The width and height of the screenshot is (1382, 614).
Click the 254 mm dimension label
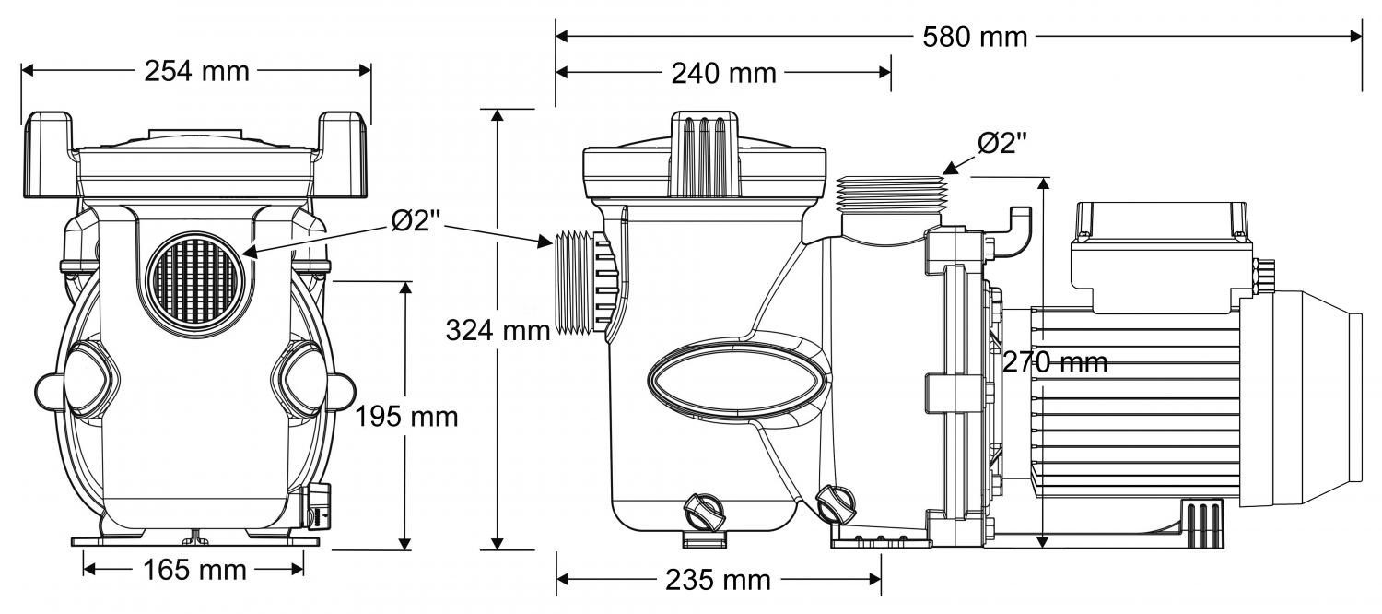coord(196,71)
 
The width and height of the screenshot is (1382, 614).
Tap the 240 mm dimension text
coord(723,73)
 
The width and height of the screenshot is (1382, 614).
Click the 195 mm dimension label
coord(406,417)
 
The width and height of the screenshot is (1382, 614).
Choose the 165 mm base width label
coord(194,571)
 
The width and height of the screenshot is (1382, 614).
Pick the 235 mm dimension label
coord(718,580)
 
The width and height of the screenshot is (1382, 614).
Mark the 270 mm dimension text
coord(1054,363)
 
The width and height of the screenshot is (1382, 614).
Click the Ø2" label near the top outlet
coord(1002,143)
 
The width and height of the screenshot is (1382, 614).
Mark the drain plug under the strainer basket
coord(704,510)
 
